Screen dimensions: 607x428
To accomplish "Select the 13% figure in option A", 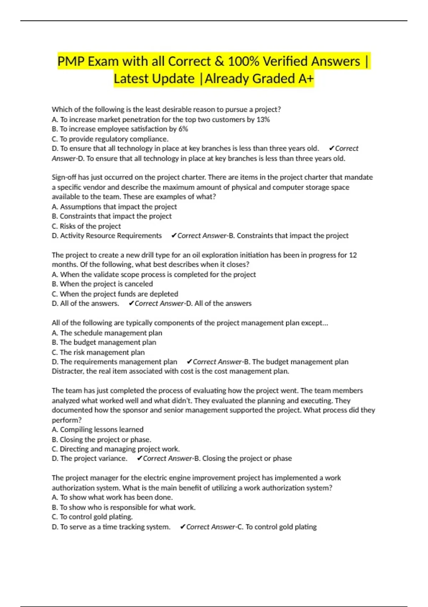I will tap(263, 119).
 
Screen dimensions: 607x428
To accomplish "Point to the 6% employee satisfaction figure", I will tap(183, 129).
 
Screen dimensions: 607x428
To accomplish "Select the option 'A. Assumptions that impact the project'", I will tap(114, 207).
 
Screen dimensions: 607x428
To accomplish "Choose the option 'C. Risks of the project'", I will tap(86, 226).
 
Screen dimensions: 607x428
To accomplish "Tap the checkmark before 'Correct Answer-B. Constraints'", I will tap(174, 236).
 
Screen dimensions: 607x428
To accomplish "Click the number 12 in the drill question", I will tap(353, 255).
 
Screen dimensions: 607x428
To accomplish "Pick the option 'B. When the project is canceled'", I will tap(102, 284).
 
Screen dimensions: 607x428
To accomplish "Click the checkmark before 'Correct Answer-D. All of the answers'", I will tap(131, 303).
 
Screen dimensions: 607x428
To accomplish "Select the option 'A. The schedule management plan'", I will tap(107, 333).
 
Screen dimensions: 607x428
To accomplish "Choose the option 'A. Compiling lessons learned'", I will tap(97, 430).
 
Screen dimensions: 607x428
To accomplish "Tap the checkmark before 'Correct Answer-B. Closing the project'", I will tap(139, 458).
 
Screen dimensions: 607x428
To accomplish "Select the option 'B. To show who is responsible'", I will tap(123, 507).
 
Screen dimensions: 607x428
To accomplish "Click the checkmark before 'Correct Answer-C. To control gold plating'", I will tap(183, 527).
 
